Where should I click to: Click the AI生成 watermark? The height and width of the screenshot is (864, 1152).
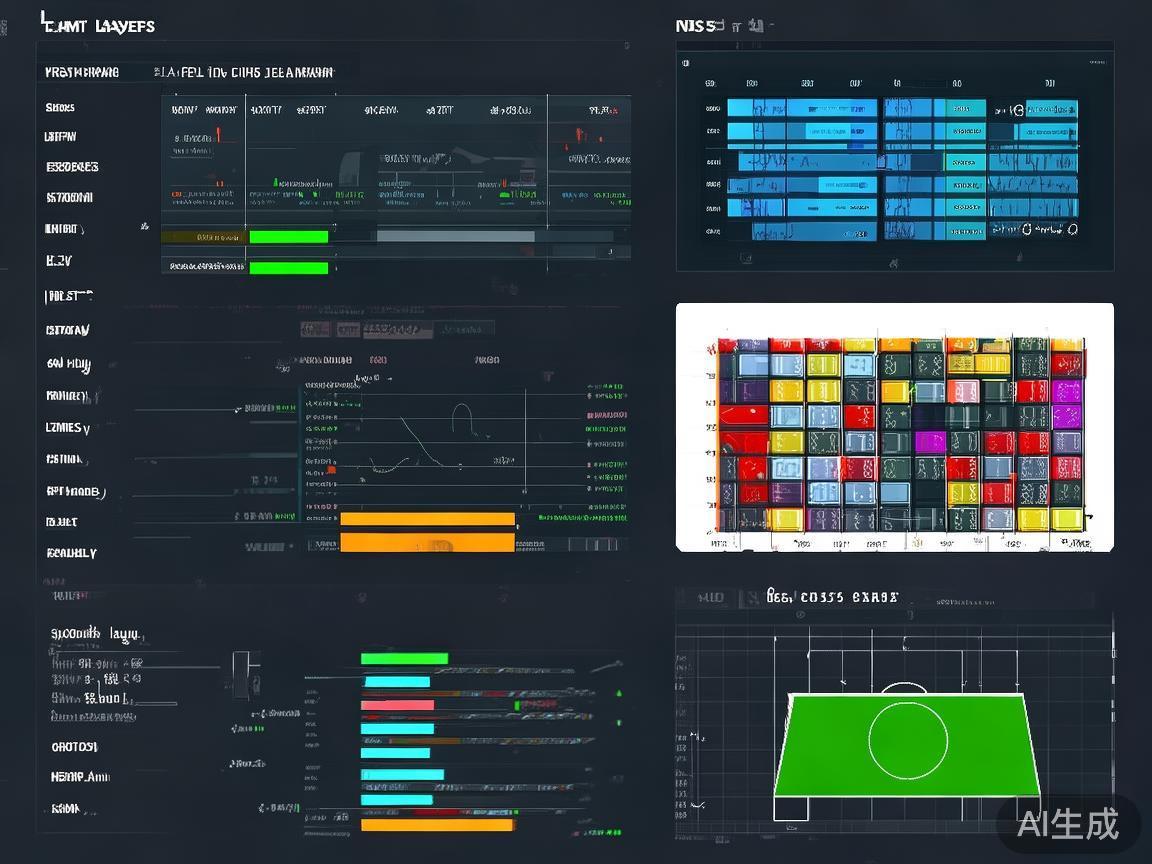point(1068,823)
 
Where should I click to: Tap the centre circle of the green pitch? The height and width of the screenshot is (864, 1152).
point(907,740)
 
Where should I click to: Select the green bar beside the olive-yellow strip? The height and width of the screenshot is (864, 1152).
point(288,237)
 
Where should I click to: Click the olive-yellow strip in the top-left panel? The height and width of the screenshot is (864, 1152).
point(204,237)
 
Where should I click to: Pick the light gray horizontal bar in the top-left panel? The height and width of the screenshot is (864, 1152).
point(455,236)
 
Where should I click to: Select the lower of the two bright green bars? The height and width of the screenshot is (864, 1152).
point(288,268)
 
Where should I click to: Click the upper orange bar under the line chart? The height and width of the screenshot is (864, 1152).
point(427,519)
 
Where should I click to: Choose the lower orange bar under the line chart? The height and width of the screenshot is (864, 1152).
point(427,542)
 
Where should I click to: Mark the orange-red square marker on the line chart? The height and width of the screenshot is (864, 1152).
point(331,469)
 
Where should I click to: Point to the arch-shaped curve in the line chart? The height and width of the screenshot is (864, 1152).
point(461,418)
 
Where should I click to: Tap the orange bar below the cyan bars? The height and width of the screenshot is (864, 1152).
point(437,825)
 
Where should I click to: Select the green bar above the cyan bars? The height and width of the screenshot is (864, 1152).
point(404,658)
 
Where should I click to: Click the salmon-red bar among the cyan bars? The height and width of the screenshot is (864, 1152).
point(397,705)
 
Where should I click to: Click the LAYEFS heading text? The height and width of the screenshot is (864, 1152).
point(125,26)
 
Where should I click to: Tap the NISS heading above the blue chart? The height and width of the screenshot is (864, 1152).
point(696,26)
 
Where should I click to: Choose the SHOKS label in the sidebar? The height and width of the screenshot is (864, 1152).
point(60,107)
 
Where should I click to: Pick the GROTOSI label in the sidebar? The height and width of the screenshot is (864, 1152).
point(74,747)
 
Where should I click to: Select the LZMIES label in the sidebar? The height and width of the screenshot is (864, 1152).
point(67,428)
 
